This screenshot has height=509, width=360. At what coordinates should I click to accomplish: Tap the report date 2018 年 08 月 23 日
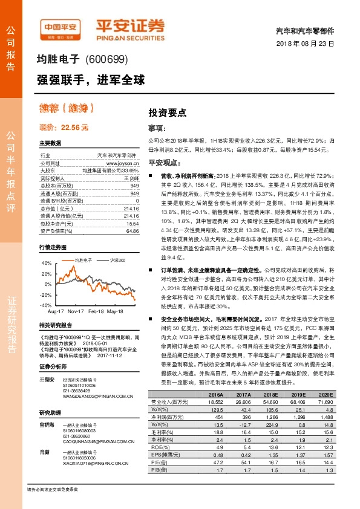click(311, 44)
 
